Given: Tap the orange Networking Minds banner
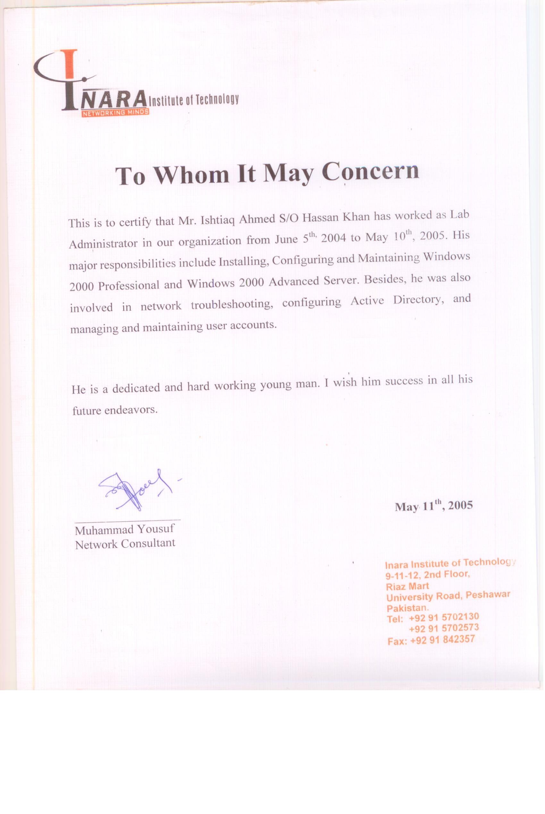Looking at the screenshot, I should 115,112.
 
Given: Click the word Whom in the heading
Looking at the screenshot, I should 191,174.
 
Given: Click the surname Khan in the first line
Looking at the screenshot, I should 356,217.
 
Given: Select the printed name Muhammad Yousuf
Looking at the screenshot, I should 124,530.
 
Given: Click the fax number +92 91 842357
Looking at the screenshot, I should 442,640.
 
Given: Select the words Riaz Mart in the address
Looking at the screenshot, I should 407,586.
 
